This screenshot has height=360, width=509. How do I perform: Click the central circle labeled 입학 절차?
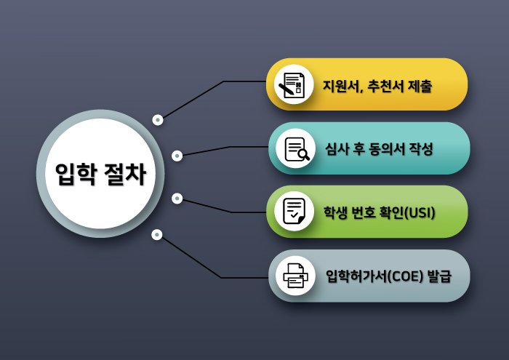pos(100,174)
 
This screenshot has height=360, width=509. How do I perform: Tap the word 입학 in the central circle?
pos(76,174)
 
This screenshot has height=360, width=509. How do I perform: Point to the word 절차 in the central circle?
pos(125,174)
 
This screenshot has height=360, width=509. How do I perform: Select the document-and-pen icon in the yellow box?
pos(292,85)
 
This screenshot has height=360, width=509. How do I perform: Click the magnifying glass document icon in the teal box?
pos(297,149)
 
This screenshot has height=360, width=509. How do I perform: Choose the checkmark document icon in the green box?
pos(294,212)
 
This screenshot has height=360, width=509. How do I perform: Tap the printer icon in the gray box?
pos(296,276)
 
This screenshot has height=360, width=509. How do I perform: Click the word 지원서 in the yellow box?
pos(342,86)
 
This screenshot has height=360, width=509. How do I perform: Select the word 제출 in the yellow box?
pos(420,86)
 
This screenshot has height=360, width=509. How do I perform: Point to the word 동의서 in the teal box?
pos(388,149)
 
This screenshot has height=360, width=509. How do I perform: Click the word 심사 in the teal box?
pos(337,149)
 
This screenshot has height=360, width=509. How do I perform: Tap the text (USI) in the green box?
pos(420,213)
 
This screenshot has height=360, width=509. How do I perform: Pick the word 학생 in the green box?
pos(335,213)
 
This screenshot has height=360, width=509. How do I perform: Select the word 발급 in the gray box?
pos(439,276)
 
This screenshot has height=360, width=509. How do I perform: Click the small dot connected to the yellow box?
pos(158,120)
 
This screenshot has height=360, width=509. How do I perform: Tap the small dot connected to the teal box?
pos(177,156)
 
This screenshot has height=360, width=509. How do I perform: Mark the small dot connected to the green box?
pos(177,199)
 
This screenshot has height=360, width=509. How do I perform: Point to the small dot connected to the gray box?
pos(157,235)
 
